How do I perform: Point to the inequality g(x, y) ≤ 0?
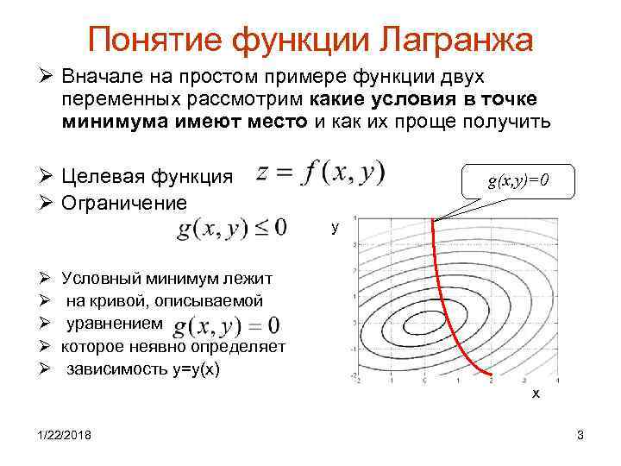232,229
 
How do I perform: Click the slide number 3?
580,435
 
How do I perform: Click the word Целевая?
97,177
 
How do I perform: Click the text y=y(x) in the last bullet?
194,368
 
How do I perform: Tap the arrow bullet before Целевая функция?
47,177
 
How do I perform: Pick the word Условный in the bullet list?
101,279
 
